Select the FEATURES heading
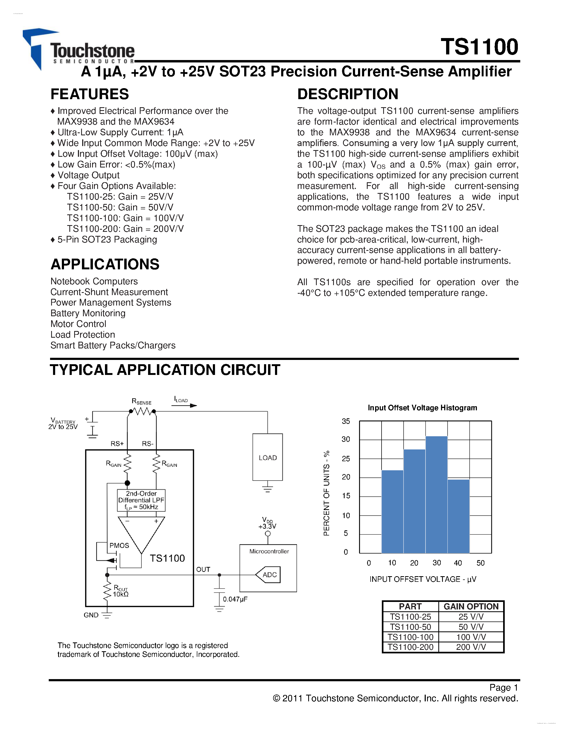[89, 94]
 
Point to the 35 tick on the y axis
[346, 421]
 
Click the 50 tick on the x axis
[480, 563]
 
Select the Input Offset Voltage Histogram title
[422, 408]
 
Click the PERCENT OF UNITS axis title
[326, 493]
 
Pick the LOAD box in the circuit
[268, 457]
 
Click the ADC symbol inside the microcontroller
[268, 575]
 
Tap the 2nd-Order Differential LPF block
[141, 500]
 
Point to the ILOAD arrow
[184, 405]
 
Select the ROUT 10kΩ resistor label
[120, 591]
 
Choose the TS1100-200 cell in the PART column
[410, 647]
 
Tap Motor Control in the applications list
[78, 324]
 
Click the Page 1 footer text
[504, 687]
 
